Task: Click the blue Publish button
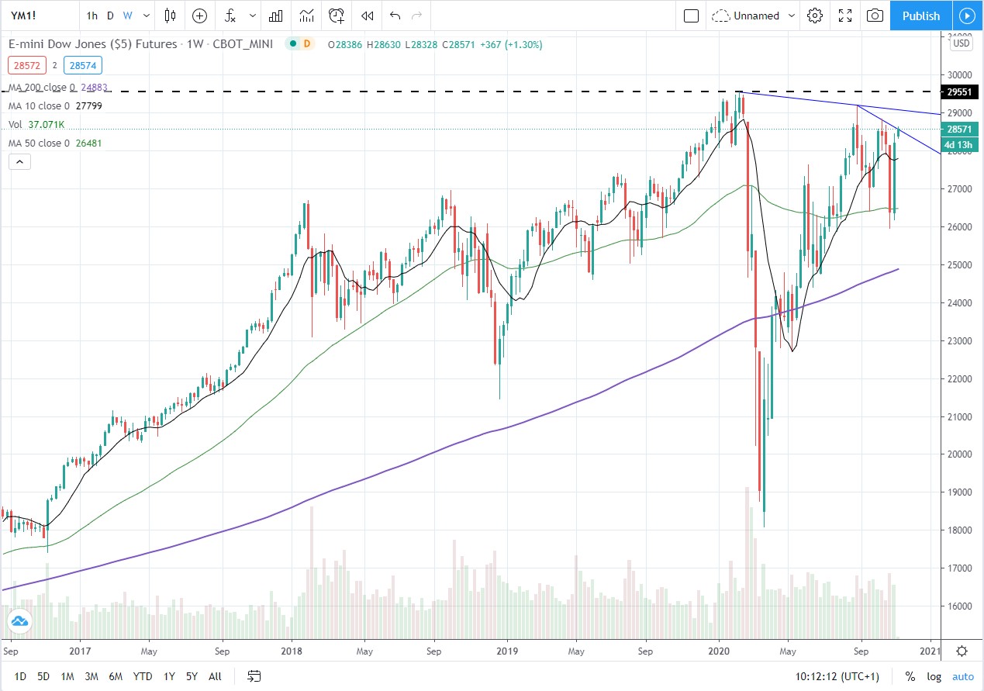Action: coord(920,16)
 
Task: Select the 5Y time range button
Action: coord(192,676)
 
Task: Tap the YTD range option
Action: coord(142,676)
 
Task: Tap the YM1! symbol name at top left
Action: coord(26,16)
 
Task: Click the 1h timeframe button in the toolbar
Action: coord(92,16)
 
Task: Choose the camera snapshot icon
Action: coord(875,16)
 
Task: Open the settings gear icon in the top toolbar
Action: coord(814,16)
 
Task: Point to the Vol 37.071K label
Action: coord(36,124)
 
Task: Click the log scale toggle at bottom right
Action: coord(934,676)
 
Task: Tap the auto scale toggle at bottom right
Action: coord(962,676)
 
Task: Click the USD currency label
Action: coord(962,43)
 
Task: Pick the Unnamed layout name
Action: coord(755,16)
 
